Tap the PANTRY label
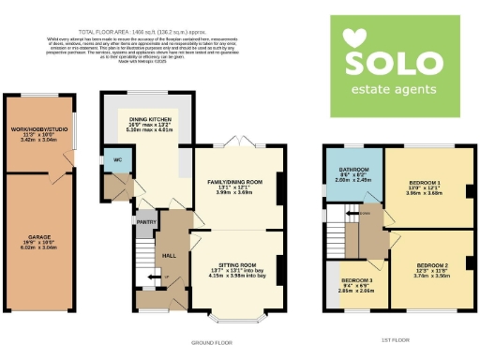pyautogui.click(x=145, y=222)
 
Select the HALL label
pyautogui.click(x=170, y=254)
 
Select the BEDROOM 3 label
pyautogui.click(x=357, y=280)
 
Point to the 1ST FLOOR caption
pyautogui.click(x=397, y=341)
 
